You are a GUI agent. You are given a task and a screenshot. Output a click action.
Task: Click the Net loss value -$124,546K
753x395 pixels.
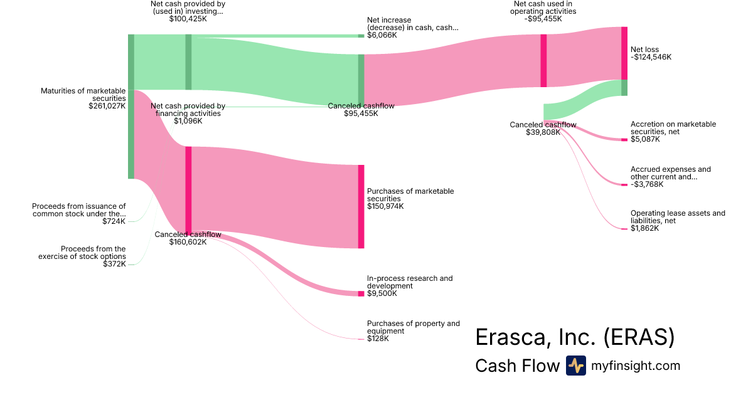(x=651, y=57)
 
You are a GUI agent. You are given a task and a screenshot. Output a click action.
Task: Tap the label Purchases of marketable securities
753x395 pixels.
(x=410, y=195)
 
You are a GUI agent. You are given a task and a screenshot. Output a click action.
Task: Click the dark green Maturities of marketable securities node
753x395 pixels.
(x=131, y=107)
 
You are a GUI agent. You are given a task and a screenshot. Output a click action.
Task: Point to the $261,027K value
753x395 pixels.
(x=107, y=106)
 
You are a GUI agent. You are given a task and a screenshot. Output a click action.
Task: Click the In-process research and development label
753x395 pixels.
(x=410, y=282)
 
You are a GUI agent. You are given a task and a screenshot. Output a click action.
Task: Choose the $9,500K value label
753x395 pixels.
(x=383, y=293)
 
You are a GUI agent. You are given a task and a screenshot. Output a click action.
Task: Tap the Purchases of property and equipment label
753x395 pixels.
(x=414, y=327)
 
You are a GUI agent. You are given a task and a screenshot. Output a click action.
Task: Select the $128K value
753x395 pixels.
(x=378, y=339)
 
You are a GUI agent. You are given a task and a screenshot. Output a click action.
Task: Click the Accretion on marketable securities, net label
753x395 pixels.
(x=673, y=128)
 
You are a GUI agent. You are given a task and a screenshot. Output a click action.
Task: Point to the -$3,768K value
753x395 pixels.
(x=647, y=184)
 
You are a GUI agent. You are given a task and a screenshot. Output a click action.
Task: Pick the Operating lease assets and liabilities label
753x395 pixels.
(x=678, y=217)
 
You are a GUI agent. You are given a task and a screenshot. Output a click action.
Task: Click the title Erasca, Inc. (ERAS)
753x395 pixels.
(x=575, y=337)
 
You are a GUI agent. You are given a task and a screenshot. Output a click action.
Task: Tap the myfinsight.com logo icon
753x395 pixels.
(x=575, y=366)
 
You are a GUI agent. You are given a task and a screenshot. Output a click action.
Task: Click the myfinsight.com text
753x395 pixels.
(x=636, y=366)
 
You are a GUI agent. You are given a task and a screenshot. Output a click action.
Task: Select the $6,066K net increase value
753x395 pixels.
(x=382, y=35)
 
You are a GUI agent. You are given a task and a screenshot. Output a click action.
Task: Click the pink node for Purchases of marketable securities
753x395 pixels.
(x=361, y=206)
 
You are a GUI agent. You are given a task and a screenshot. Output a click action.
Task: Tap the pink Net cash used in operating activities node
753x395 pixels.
(x=543, y=61)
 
